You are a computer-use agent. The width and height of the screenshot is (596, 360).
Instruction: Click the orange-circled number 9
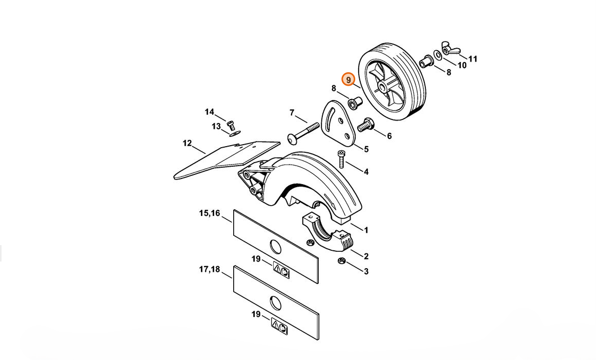(348, 79)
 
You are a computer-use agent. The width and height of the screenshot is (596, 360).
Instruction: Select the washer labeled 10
(438, 55)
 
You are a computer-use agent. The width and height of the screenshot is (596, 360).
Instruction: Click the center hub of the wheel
(383, 88)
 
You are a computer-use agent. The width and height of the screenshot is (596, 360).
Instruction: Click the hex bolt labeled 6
(366, 125)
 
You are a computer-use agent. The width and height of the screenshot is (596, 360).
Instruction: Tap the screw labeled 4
(341, 159)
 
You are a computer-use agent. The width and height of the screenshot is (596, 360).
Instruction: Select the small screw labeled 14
(230, 125)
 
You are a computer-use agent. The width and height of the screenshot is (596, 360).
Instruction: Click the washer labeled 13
(235, 133)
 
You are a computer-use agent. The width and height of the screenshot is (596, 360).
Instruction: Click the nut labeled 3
(341, 261)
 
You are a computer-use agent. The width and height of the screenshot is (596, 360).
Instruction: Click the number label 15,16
(210, 213)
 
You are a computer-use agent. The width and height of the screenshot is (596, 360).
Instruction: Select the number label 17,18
(210, 269)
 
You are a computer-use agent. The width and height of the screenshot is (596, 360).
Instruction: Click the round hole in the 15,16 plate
(276, 247)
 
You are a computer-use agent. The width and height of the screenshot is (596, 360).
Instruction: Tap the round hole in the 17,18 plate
(276, 303)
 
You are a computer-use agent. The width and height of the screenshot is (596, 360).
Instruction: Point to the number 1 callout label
(366, 230)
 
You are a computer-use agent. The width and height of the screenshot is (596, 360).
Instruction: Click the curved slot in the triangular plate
(329, 114)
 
